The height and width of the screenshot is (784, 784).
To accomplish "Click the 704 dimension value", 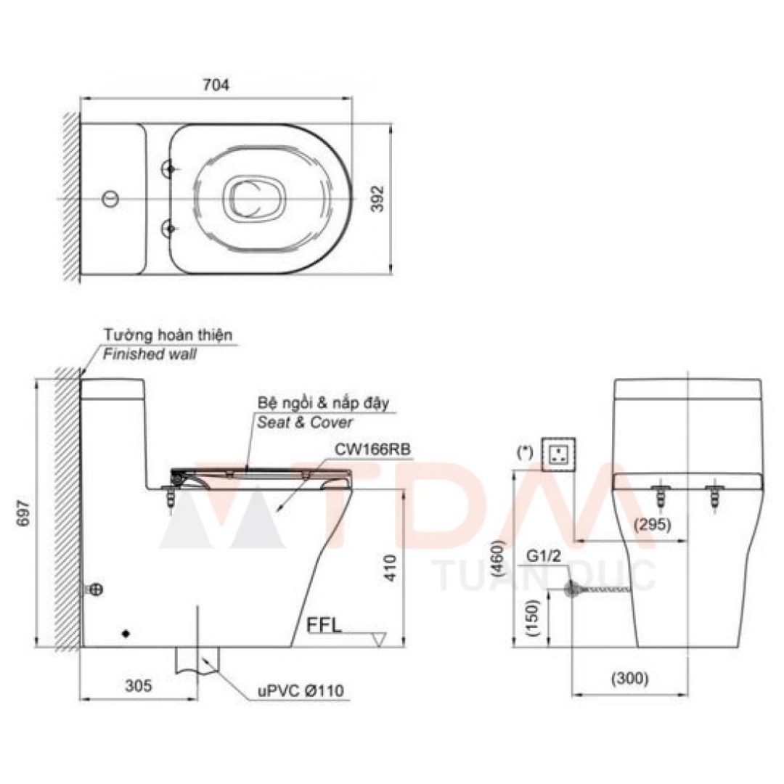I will point(216,85).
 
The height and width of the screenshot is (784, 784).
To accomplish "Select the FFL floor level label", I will point(324,624).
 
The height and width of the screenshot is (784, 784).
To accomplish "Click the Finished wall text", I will point(149,354).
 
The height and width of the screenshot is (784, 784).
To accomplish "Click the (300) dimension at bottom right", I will point(629,679).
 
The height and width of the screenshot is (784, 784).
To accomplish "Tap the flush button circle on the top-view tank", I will point(111,197).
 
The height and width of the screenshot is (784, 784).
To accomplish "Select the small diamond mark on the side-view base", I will point(126,634).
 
